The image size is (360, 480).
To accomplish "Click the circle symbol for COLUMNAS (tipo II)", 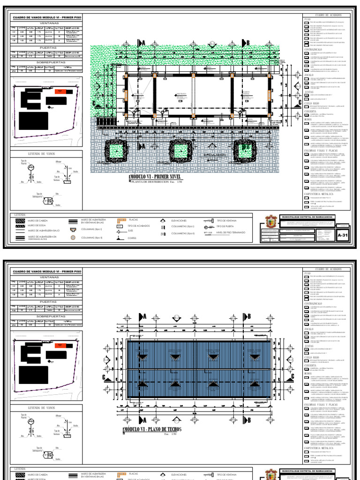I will click(74, 238).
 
